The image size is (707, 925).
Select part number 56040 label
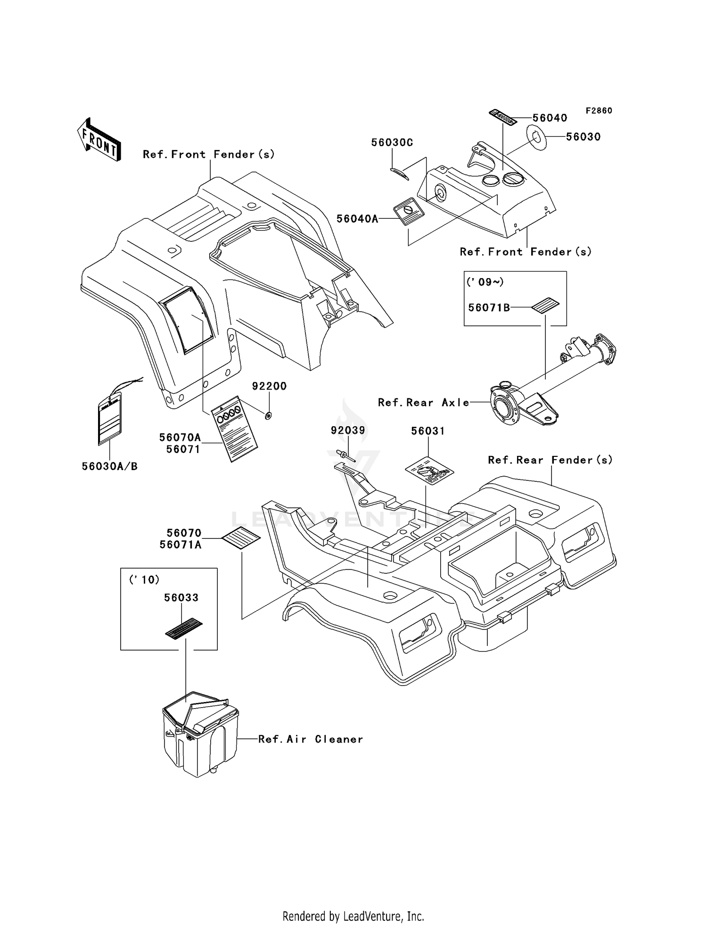[550, 118]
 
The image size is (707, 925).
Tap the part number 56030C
[392, 142]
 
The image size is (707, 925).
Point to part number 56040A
[357, 219]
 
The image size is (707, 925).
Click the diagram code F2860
[599, 111]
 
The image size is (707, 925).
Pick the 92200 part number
[269, 386]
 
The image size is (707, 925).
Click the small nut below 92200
[268, 415]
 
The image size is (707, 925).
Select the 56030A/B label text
[110, 466]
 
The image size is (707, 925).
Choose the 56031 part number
[427, 431]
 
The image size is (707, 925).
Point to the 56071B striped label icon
[545, 306]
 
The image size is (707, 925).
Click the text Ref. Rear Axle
[424, 402]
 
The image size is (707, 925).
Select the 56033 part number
[181, 597]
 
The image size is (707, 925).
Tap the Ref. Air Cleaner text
[311, 739]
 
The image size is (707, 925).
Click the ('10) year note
[145, 579]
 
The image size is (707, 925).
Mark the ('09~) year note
[485, 282]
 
